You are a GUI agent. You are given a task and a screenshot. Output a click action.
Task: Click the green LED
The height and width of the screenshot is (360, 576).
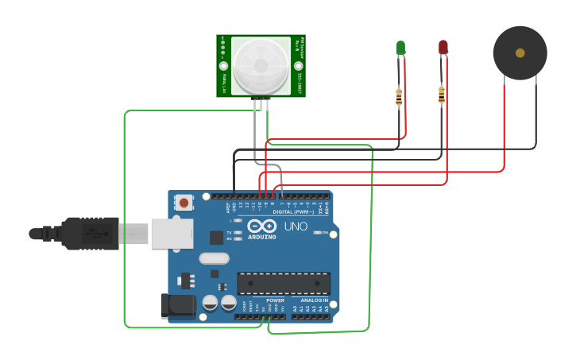[400, 48]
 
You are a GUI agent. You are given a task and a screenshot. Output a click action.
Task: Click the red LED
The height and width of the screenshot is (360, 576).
[443, 48]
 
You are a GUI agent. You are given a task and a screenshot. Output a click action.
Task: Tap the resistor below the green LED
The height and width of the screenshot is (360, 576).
[399, 98]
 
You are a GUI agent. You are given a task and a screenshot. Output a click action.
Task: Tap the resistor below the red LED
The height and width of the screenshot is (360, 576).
[442, 96]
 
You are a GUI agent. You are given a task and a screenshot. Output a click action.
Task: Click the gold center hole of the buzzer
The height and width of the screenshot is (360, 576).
[520, 53]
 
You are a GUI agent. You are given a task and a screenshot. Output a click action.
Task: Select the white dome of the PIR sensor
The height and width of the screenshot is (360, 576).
[260, 65]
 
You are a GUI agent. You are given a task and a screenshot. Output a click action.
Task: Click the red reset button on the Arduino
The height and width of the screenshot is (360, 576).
[184, 202]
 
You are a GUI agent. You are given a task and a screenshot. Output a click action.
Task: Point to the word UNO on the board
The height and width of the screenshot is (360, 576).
[296, 226]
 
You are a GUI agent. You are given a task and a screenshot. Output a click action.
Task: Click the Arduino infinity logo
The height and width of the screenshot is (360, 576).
[261, 226]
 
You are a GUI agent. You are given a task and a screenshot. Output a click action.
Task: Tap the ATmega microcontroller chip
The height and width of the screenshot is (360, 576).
[284, 284]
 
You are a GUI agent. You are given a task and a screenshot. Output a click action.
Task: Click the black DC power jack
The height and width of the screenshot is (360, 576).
[177, 307]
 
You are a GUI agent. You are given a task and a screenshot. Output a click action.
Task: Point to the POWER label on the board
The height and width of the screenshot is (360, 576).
[275, 300]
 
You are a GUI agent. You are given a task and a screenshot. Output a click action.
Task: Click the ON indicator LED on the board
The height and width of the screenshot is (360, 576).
[317, 232]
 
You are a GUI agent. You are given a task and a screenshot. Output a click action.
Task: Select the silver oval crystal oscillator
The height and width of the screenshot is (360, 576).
[214, 258]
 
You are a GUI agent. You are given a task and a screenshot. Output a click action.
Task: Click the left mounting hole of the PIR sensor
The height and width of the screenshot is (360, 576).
[223, 66]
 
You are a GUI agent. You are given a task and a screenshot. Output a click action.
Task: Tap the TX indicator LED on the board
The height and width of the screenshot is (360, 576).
[238, 232]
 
